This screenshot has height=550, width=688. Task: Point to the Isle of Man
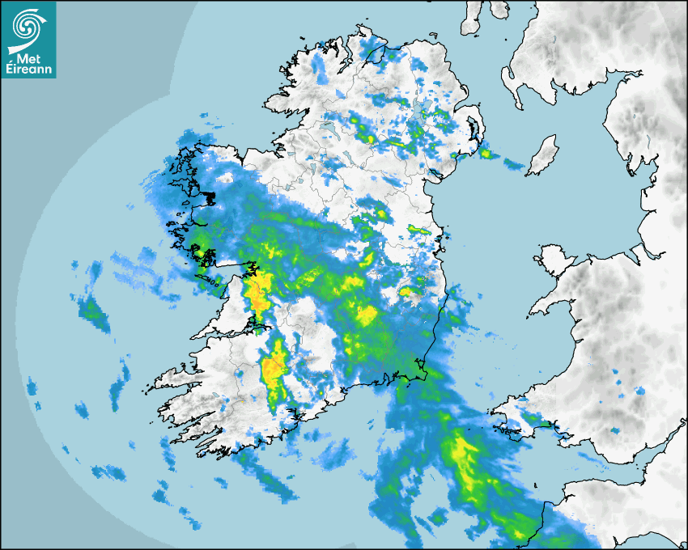coord(543,154)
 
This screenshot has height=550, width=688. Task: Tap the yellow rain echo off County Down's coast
coord(486,152)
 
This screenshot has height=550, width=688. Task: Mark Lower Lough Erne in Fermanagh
coord(327,126)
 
